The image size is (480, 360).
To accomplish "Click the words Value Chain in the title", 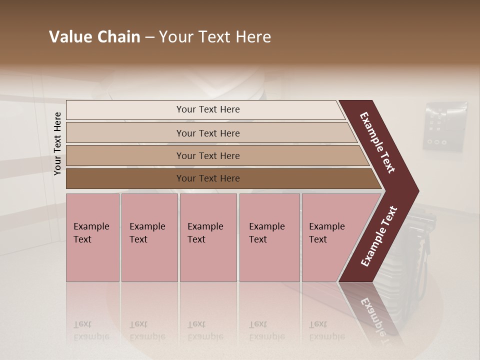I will point(94,37).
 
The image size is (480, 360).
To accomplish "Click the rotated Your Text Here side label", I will point(57,143).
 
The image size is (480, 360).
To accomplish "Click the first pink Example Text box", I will point(92,237).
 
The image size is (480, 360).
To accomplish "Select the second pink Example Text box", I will point(149,237).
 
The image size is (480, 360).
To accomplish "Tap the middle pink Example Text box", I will point(208,237).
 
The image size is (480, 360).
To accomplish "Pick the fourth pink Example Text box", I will point(269,237).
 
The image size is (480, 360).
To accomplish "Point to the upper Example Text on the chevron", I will point(377,142).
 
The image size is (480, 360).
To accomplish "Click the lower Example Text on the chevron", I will point(379,236).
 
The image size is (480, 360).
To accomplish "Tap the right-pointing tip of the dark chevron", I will point(416,191).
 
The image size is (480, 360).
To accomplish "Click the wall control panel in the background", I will point(445,126).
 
